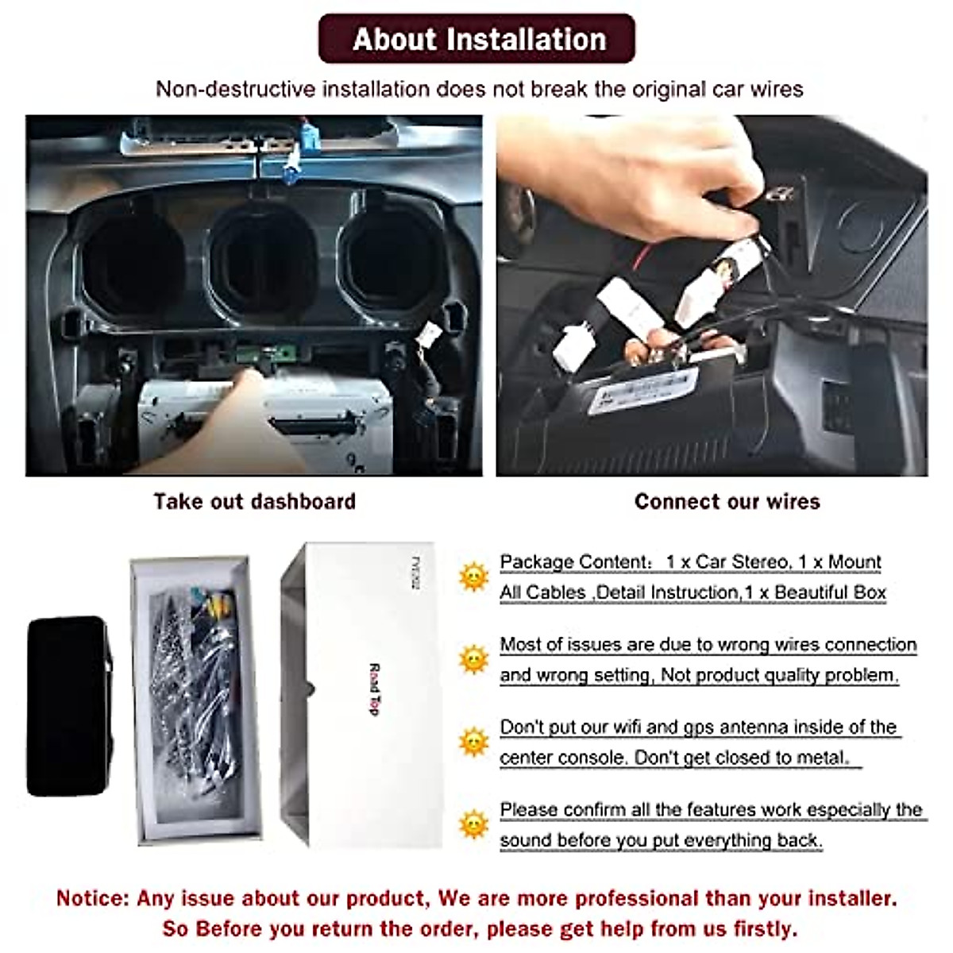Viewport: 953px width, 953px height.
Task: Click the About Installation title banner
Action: pos(477,39)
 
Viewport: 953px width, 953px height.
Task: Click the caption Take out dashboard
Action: pos(254,502)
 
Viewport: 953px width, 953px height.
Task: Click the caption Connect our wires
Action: pos(727,502)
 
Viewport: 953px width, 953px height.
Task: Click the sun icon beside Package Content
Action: pos(473,577)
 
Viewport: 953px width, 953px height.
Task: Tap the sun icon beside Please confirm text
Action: pos(473,824)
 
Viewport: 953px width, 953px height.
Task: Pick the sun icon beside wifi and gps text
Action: pos(473,742)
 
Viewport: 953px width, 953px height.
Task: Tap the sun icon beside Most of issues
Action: pos(473,659)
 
